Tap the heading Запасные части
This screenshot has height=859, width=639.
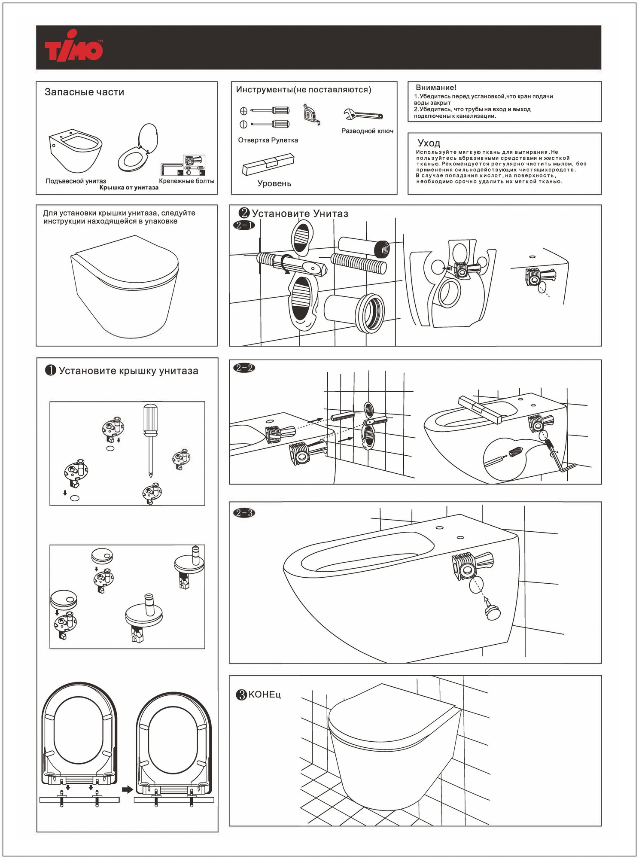[84, 92]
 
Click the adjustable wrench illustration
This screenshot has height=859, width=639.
[363, 115]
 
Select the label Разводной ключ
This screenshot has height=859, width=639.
[367, 131]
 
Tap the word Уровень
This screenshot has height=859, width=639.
[274, 184]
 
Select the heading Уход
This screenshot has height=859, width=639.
[429, 143]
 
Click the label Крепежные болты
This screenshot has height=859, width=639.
[186, 181]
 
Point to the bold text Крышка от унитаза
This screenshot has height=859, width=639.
[129, 188]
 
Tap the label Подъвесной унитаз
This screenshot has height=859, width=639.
[76, 181]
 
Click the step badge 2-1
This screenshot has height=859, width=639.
[244, 225]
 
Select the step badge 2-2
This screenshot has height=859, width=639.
[244, 368]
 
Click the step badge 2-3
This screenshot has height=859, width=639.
[244, 513]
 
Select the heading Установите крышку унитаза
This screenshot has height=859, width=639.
[128, 371]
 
